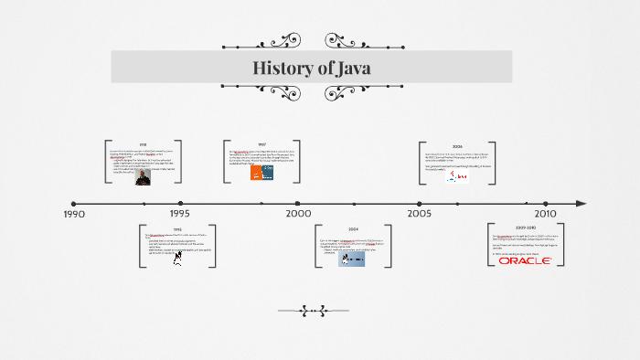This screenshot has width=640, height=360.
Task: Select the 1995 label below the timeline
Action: pyautogui.click(x=180, y=214)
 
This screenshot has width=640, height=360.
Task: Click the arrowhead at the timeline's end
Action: pyautogui.click(x=581, y=203)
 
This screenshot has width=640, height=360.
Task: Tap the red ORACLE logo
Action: pyautogui.click(x=525, y=260)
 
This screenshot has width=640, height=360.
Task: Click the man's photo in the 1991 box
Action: pyautogui.click(x=143, y=176)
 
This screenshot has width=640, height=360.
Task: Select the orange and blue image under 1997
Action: pyautogui.click(x=262, y=172)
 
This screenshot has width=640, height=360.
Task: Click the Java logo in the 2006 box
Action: pyautogui.click(x=456, y=175)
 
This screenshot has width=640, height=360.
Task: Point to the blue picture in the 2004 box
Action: pyautogui.click(x=351, y=259)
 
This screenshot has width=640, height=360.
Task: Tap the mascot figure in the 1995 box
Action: pyautogui.click(x=177, y=258)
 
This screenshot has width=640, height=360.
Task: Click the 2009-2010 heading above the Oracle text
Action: pyautogui.click(x=526, y=228)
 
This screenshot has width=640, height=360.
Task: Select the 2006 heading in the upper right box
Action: pyautogui.click(x=456, y=146)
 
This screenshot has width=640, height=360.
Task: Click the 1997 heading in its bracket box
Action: pyautogui.click(x=261, y=144)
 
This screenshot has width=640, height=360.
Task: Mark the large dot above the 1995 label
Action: pyautogui.click(x=180, y=203)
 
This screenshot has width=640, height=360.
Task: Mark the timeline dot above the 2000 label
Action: pyautogui.click(x=297, y=203)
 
